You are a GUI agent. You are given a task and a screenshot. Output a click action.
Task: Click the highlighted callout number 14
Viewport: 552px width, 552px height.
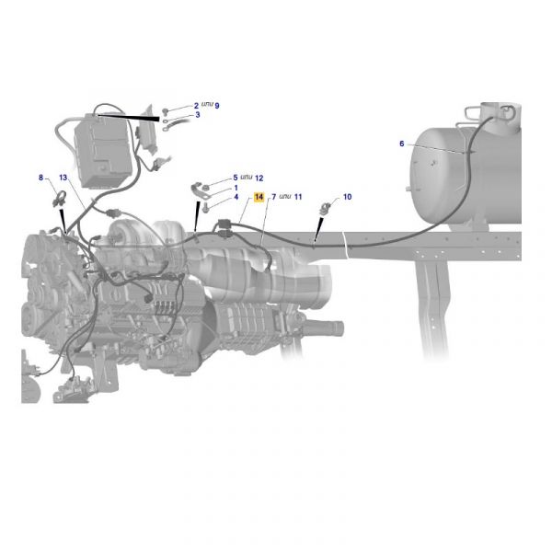click(259, 197)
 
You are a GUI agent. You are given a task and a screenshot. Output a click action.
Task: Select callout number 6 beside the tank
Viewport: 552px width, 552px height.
click(402, 144)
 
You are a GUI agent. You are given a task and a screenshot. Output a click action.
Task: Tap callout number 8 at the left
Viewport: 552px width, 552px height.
click(40, 178)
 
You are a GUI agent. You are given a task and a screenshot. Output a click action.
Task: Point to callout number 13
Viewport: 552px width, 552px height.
click(63, 178)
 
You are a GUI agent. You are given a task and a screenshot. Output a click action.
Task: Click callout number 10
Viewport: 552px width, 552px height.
click(347, 197)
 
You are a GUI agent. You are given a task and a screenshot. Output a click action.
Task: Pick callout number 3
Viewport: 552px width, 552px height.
click(198, 115)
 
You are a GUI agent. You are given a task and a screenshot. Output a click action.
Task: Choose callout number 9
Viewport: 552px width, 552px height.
click(217, 106)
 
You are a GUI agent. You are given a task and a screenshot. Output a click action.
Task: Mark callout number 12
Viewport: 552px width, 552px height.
click(259, 178)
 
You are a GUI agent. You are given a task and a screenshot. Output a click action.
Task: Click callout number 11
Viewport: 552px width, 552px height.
click(298, 197)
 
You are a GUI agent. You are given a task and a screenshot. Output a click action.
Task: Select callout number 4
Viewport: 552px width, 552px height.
click(236, 197)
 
